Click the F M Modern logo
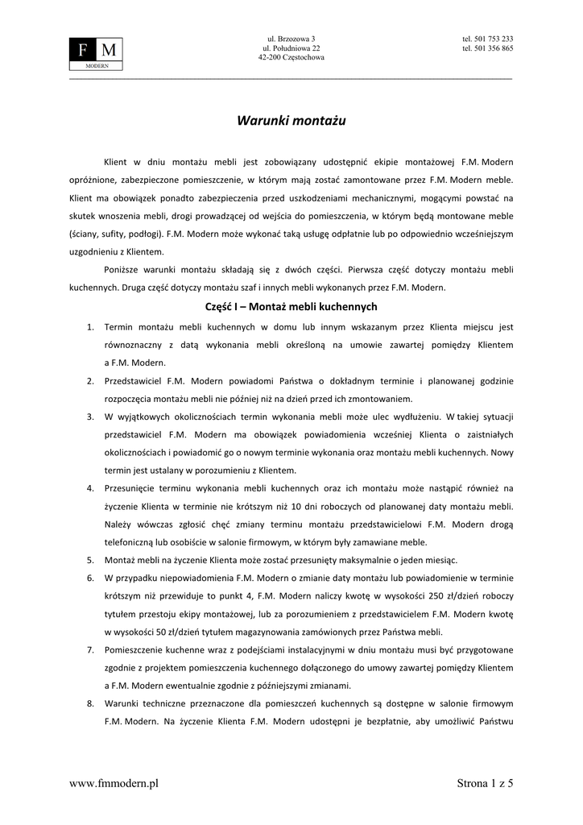(x=96, y=53)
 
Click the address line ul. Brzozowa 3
(x=291, y=39)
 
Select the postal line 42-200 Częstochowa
(x=291, y=58)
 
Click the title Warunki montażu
(x=291, y=121)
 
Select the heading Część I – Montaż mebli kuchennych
(x=291, y=307)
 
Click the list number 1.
(x=90, y=327)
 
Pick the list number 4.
(x=90, y=488)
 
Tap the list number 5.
(x=90, y=560)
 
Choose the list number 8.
(x=90, y=703)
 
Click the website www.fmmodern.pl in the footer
(x=114, y=782)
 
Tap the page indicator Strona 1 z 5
(x=485, y=782)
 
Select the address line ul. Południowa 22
(x=291, y=48)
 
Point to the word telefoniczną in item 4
(x=133, y=542)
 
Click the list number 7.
(x=90, y=649)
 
